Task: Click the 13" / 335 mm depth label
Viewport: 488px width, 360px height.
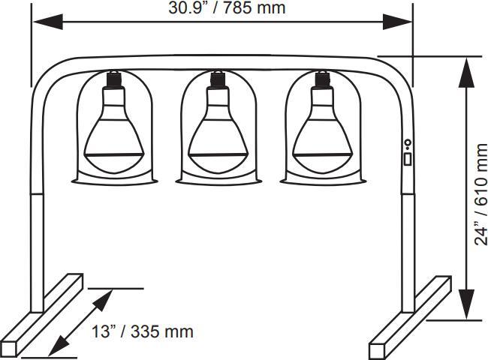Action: coord(143,331)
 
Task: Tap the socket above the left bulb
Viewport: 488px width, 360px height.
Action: coord(114,77)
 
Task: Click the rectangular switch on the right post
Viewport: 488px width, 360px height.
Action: coord(407,158)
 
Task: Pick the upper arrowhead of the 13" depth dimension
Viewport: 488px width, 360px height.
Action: coord(105,298)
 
